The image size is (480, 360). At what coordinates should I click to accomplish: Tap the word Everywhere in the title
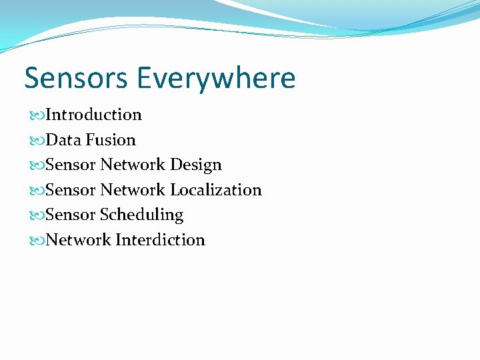click(x=217, y=78)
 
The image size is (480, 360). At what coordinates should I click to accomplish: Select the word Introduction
click(x=94, y=115)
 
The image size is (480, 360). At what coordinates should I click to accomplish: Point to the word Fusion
click(x=111, y=140)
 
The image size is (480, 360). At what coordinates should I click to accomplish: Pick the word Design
click(x=196, y=165)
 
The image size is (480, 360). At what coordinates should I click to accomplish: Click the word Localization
click(x=216, y=190)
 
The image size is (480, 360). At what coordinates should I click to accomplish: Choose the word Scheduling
click(x=141, y=215)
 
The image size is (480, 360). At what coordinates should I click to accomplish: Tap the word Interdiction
click(x=160, y=240)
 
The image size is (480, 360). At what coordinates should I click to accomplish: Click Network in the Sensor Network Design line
click(x=133, y=165)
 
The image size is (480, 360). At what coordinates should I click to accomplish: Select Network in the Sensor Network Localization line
click(x=133, y=190)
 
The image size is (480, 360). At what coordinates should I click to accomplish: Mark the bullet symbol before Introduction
click(x=37, y=115)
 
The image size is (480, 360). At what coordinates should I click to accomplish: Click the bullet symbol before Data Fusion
click(x=37, y=141)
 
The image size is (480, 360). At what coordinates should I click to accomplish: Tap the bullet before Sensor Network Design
click(x=37, y=165)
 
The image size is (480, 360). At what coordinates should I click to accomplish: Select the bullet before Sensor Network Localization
click(x=37, y=191)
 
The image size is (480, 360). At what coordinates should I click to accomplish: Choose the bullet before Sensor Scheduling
click(x=37, y=215)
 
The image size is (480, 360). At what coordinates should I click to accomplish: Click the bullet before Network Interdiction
click(x=37, y=241)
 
